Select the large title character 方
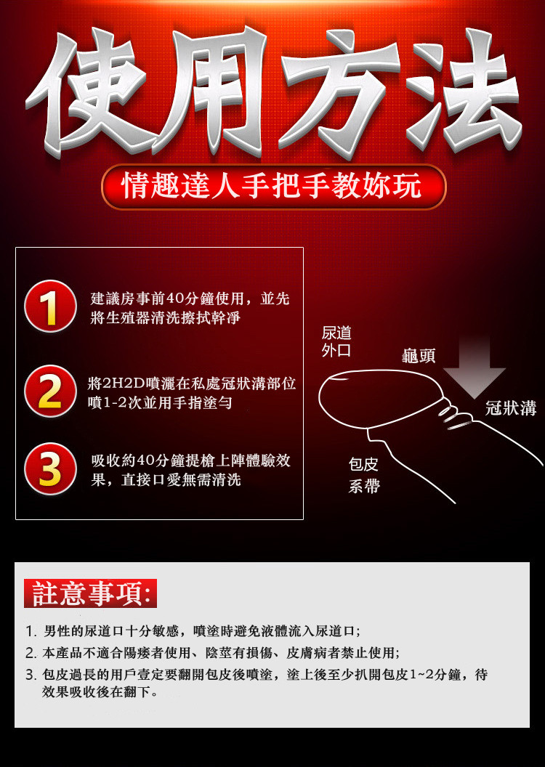pos(338,92)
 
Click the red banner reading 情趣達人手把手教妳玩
pos(273,187)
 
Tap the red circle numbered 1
pos(50,307)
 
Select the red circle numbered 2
pos(50,391)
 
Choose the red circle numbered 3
pos(50,468)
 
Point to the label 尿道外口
pos(336,341)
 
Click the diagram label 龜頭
pos(419,356)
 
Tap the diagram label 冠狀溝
pos(511,407)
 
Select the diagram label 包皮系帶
pos(364,474)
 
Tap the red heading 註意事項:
pos(91,593)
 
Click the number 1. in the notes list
pos(31,631)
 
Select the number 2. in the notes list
pos(31,653)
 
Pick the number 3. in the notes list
pos(31,675)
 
